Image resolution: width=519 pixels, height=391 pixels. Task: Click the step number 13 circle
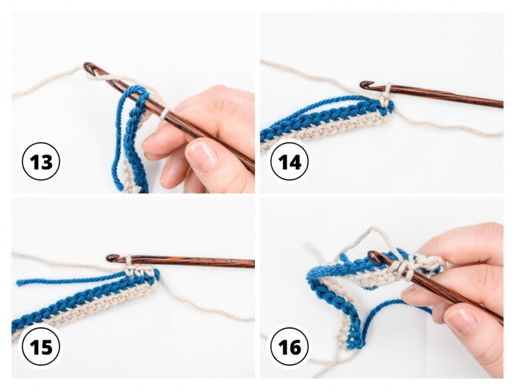click(x=41, y=162)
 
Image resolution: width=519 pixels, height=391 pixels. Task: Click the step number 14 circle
click(x=289, y=162)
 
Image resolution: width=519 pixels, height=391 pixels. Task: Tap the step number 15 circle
click(x=41, y=347)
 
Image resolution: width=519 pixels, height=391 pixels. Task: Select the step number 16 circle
click(x=289, y=347)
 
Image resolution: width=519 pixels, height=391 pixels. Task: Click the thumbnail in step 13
click(x=202, y=156)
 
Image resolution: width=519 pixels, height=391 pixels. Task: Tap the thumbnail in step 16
click(x=462, y=322)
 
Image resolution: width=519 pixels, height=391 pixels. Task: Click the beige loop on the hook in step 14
click(x=386, y=94)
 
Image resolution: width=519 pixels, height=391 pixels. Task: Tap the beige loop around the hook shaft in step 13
click(x=164, y=113)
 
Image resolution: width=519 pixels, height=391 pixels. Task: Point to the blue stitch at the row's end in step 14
click(x=388, y=108)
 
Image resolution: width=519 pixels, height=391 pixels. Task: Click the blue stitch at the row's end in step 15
click(x=154, y=277)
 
